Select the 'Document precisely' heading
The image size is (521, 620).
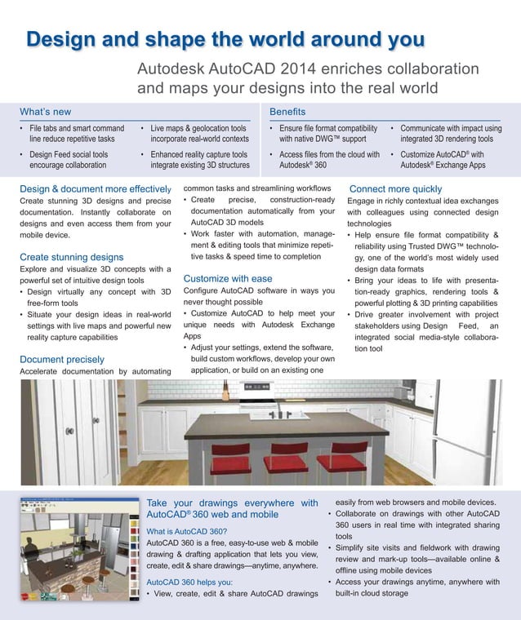[x=62, y=359]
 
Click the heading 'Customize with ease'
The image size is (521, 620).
[x=228, y=278]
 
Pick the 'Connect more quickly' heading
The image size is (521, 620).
[x=395, y=189]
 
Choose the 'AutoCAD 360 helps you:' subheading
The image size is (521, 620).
[x=189, y=582]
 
